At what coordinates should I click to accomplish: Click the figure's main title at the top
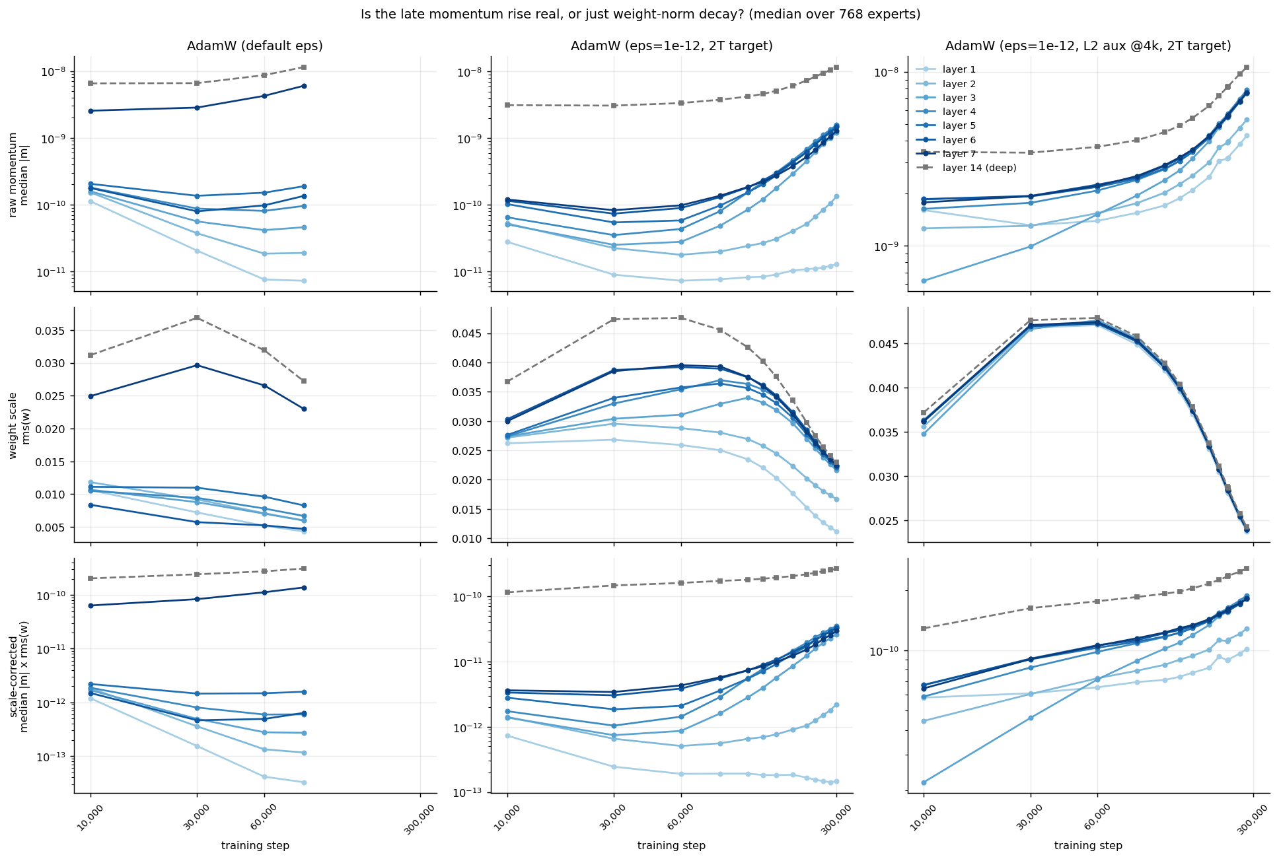(x=640, y=14)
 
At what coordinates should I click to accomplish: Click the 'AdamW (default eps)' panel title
(x=255, y=46)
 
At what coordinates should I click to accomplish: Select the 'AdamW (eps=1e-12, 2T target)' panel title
(x=672, y=46)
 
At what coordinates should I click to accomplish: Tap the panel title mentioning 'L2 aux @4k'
(x=1088, y=46)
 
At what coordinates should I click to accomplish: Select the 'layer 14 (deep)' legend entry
(x=967, y=168)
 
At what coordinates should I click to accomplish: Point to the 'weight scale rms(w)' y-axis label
(x=18, y=425)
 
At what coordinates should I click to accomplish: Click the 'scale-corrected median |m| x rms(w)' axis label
(x=18, y=675)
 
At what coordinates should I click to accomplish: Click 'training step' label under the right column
(x=1088, y=846)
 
